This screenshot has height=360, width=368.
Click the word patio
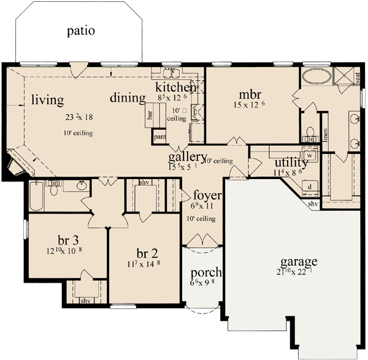[81, 31]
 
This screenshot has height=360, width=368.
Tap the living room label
[48, 99]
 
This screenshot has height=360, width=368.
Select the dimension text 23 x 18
[77, 117]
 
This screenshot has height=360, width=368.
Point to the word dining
[128, 98]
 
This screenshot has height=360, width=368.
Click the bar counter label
[149, 114]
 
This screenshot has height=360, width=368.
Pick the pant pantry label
[160, 136]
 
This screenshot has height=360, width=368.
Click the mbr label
[250, 94]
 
